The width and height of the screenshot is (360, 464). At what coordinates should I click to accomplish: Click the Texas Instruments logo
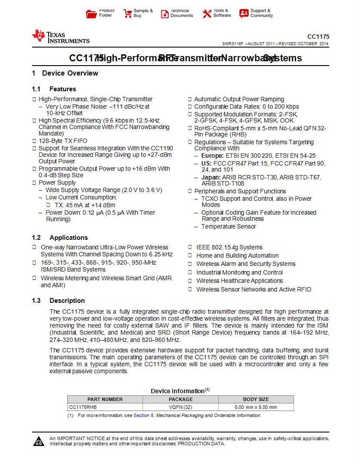pos(60,37)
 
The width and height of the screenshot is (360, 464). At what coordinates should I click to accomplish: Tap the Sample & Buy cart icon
pos(127,13)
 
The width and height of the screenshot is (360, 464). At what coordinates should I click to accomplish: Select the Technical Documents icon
pos(165,13)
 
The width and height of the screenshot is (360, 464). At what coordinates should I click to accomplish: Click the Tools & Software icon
pos(207,13)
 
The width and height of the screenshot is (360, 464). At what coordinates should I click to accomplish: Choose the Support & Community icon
pos(244,13)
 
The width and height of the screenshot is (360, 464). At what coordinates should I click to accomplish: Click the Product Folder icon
pos(91,13)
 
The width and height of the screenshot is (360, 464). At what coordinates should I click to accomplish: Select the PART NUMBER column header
pos(105,399)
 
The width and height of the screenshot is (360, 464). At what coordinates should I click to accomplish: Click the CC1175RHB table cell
pos(83,407)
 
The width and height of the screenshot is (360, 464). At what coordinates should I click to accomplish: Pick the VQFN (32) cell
pos(180,407)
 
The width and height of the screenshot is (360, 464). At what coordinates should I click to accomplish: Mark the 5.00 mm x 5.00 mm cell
pos(256,407)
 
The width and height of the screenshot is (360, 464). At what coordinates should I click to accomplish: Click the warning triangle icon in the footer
pos(39,442)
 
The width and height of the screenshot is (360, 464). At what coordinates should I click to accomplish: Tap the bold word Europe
pos(212,156)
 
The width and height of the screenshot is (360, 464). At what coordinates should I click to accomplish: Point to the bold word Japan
pos(210,177)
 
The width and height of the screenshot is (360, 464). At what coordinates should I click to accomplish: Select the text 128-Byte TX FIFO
pos(63,141)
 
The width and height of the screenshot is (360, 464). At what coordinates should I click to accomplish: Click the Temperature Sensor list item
pos(229,226)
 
